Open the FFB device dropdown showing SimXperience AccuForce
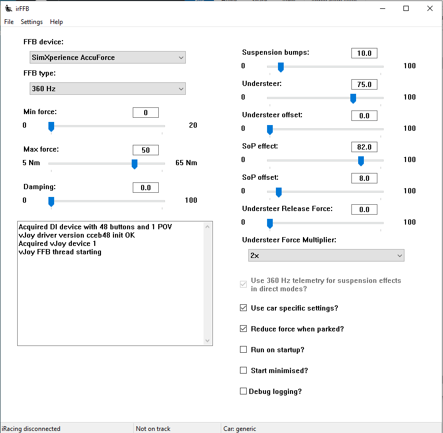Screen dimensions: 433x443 point(107,57)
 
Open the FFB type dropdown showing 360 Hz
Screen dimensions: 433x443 point(107,89)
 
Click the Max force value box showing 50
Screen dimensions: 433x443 point(146,150)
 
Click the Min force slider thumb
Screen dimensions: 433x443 point(51,127)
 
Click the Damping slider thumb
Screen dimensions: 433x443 point(51,201)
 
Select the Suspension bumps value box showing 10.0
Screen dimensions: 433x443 point(364,53)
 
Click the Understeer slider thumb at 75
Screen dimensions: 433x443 point(353,98)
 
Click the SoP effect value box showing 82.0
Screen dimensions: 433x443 point(364,147)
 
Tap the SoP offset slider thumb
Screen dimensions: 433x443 point(279,192)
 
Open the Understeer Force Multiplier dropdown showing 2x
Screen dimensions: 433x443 point(326,255)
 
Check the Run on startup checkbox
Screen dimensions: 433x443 point(244,350)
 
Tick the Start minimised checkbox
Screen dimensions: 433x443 point(244,370)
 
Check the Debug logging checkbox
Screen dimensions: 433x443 point(244,391)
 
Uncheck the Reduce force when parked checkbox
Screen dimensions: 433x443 point(244,329)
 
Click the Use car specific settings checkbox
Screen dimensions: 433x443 point(244,308)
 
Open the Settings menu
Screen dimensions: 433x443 point(32,22)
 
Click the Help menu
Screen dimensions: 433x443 point(56,22)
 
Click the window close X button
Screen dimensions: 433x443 point(429,8)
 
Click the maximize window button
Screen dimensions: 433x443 point(406,8)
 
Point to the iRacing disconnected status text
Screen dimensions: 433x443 point(31,429)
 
